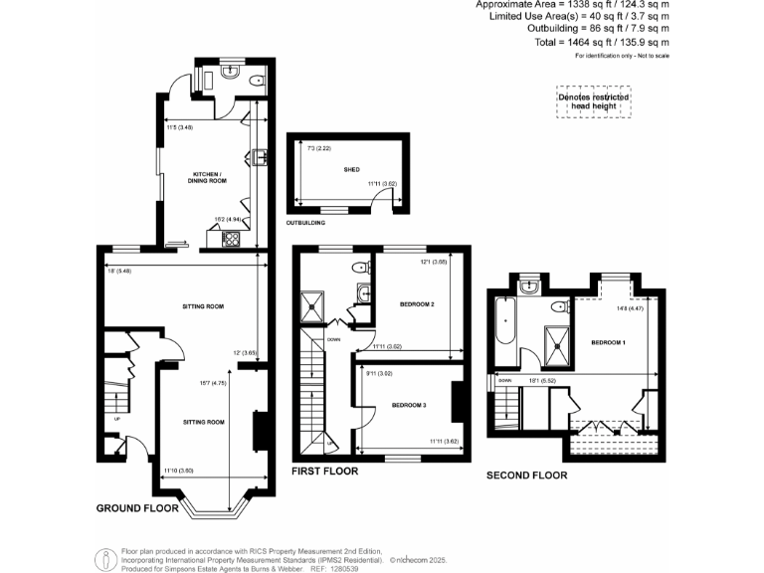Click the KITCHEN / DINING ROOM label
click(210, 179)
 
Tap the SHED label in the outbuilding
click(351, 170)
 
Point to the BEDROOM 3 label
click(409, 405)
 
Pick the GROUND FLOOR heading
click(137, 508)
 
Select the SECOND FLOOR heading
click(526, 476)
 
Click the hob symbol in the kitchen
click(231, 238)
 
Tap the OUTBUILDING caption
click(306, 223)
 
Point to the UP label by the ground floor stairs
click(117, 419)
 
